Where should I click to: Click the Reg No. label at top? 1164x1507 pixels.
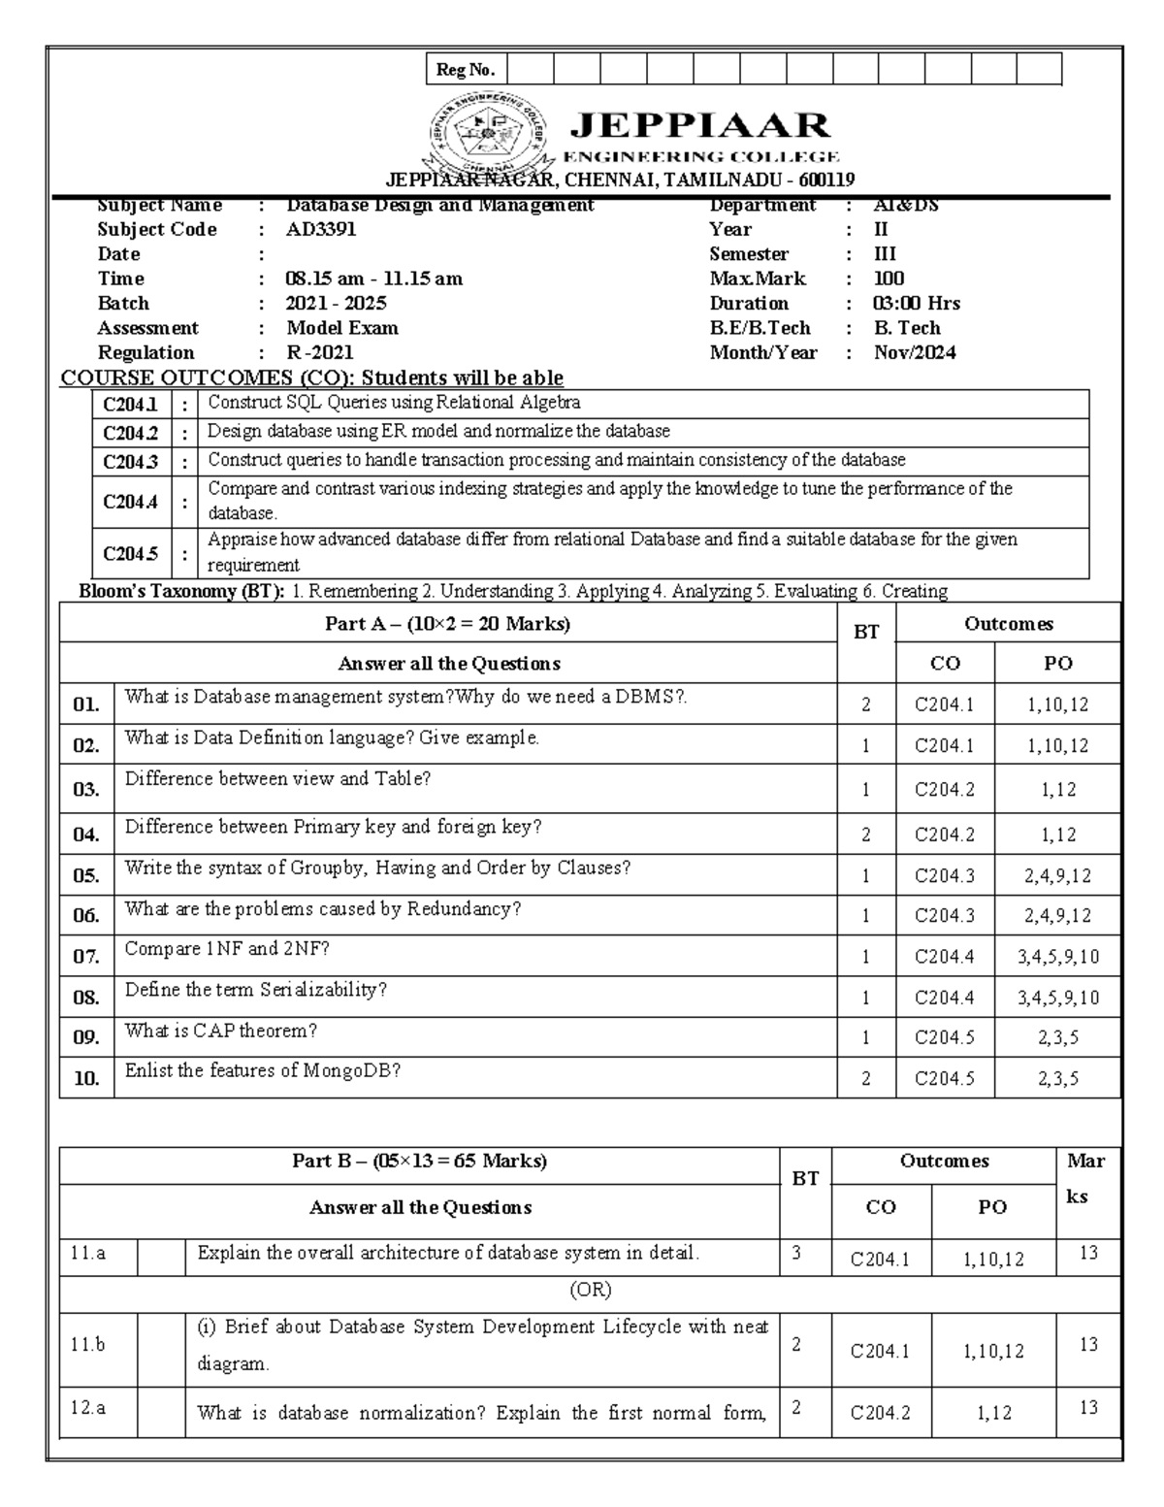point(466,70)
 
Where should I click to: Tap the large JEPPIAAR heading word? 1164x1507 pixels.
point(699,125)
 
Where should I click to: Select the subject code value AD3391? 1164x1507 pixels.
point(321,230)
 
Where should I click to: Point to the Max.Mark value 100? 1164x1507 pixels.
point(889,278)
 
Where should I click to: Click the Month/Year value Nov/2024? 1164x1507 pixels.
point(915,353)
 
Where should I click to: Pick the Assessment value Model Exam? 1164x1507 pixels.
point(342,328)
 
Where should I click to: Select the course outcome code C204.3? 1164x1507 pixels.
point(130,462)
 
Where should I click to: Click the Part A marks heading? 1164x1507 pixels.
point(447,624)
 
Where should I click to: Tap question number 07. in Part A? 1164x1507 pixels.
point(86,957)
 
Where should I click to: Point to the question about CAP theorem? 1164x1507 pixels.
point(221,1031)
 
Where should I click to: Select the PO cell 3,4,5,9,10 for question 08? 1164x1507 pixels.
point(1057,998)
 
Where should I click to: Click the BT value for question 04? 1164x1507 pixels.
point(865,835)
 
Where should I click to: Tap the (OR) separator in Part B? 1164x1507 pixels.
point(590,1291)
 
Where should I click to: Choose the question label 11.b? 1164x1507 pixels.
point(87,1345)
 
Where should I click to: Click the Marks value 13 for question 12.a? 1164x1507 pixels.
point(1088,1407)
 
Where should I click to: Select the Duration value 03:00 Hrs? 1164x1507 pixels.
point(917,304)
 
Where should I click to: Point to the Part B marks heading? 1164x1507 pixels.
point(419,1161)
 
